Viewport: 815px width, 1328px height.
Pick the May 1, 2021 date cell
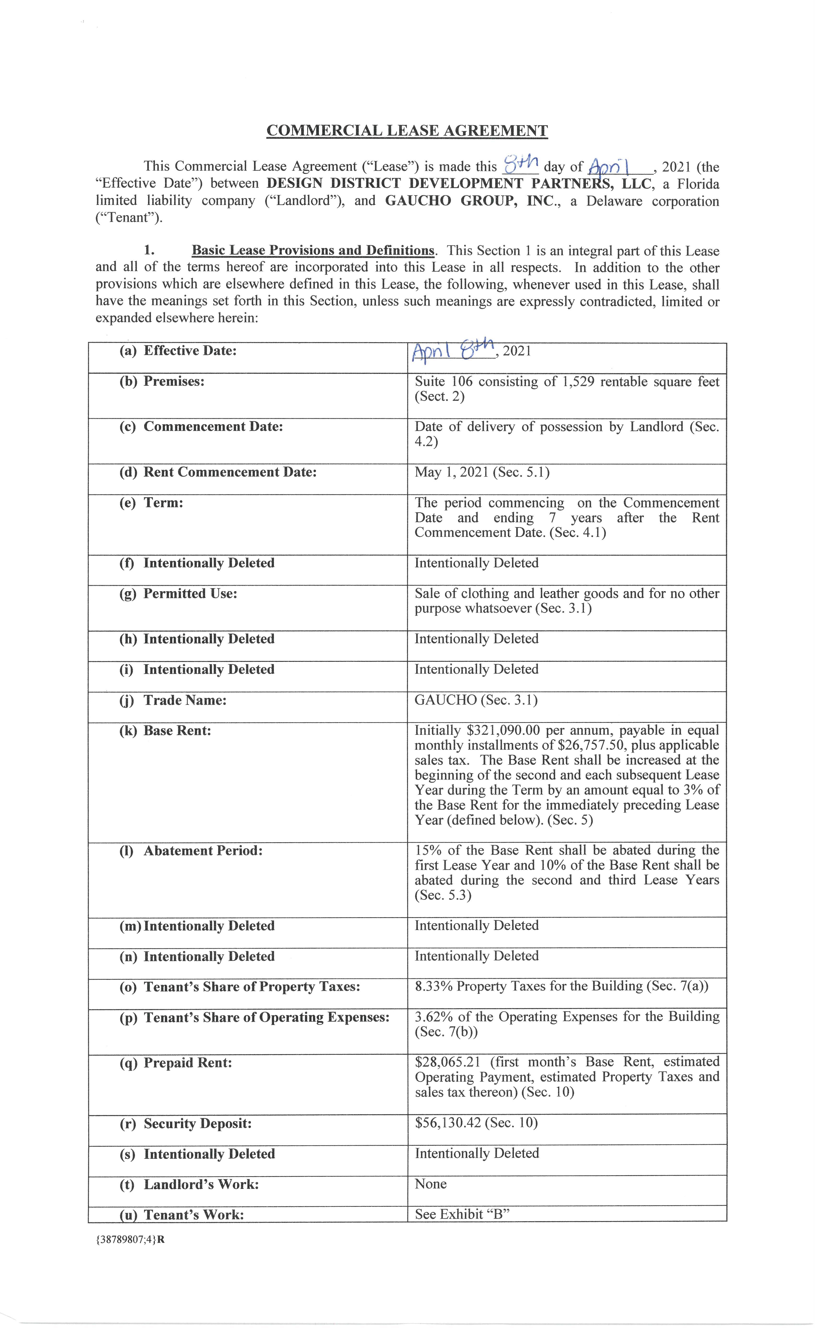click(x=481, y=472)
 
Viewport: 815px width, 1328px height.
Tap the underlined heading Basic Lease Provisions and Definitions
click(x=313, y=251)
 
